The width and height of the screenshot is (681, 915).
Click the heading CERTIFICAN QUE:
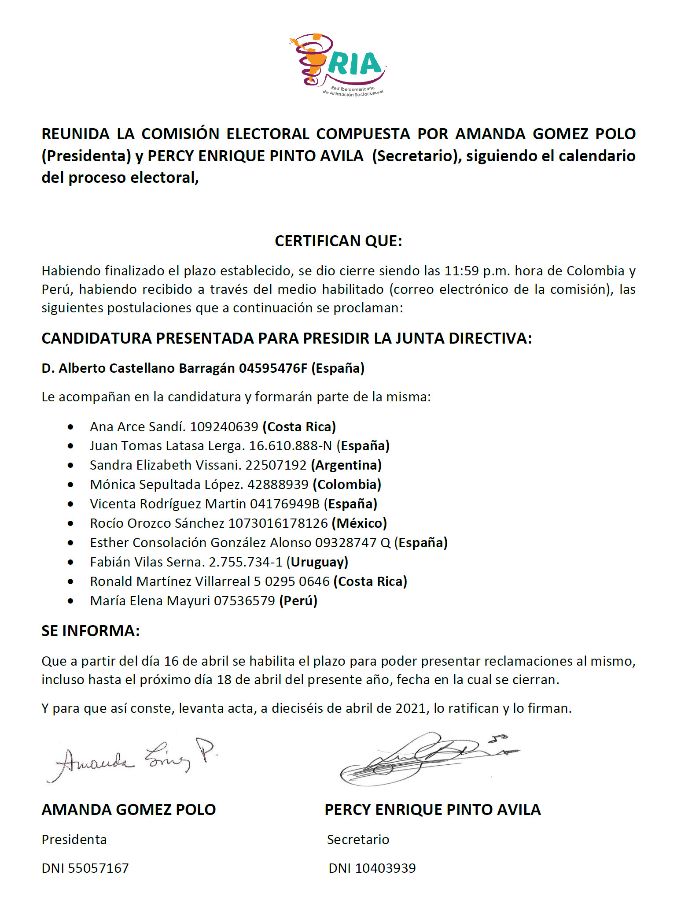coord(338,241)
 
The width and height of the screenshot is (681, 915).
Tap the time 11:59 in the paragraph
coord(461,270)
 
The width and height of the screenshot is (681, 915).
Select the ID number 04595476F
coord(273,368)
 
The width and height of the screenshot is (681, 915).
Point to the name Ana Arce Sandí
coord(138,426)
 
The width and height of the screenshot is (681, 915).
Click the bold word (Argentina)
coord(346,465)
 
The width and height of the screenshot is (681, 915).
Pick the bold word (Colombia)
coord(347,484)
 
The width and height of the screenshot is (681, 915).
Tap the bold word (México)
coord(359,523)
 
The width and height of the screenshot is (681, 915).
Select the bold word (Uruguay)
coord(317,562)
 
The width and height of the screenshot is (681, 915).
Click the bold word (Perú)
coord(298,600)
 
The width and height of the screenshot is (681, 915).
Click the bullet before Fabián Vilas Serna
coord(70,562)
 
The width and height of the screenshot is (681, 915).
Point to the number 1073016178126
coord(278,523)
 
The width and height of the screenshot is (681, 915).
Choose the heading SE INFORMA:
coord(91,631)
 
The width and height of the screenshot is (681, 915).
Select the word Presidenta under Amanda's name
coord(74,839)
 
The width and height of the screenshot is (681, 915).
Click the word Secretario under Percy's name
coord(358,839)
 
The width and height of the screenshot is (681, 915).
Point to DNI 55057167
coord(85,868)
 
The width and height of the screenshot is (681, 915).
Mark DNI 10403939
coord(372,868)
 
